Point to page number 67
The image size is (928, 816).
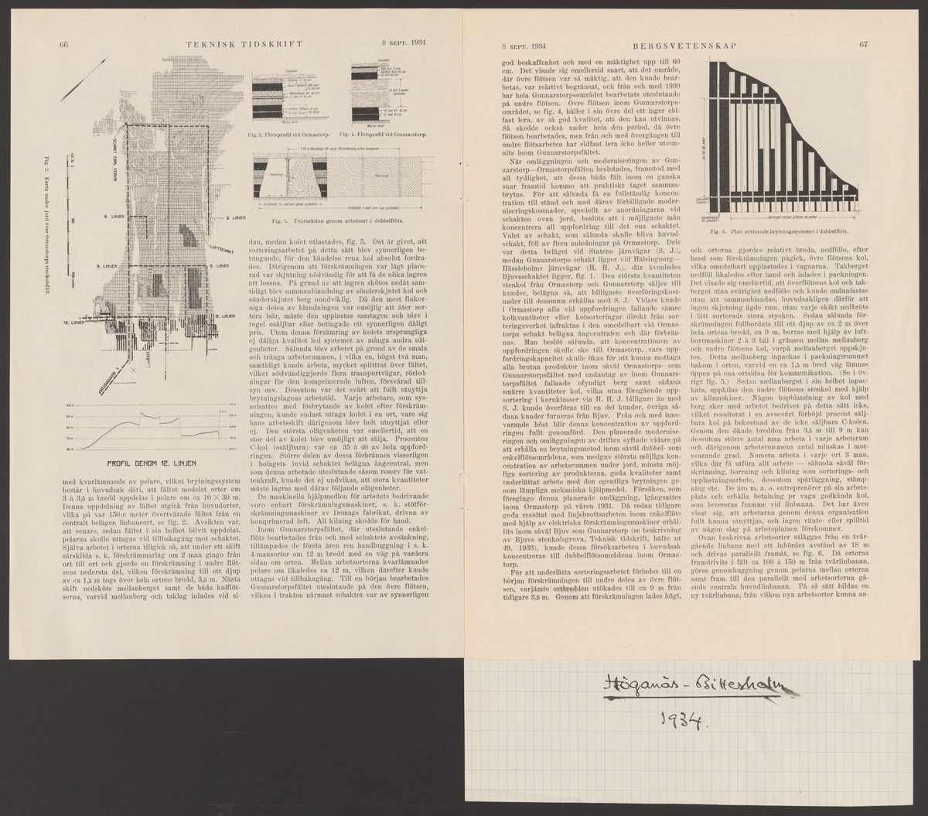click(863, 44)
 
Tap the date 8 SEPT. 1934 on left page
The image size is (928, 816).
click(409, 44)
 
